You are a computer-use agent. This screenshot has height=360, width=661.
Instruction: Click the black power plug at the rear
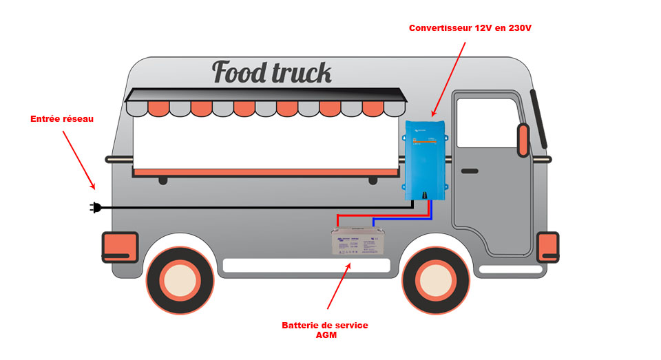point(96,207)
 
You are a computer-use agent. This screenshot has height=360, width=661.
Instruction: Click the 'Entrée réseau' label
point(62,118)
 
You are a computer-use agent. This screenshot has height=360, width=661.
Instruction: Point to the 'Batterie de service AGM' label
point(325,330)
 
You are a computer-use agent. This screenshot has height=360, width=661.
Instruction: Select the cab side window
point(486,123)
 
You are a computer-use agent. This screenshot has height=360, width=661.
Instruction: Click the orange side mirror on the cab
point(523,139)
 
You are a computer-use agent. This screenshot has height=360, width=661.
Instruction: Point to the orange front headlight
point(548,246)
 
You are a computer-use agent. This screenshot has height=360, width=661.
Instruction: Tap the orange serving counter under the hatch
point(266,171)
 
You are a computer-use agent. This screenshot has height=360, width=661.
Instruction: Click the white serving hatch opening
point(266,141)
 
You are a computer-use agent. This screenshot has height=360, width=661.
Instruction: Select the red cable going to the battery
point(383,215)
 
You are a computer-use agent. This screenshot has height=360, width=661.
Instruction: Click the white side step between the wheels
point(306,265)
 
